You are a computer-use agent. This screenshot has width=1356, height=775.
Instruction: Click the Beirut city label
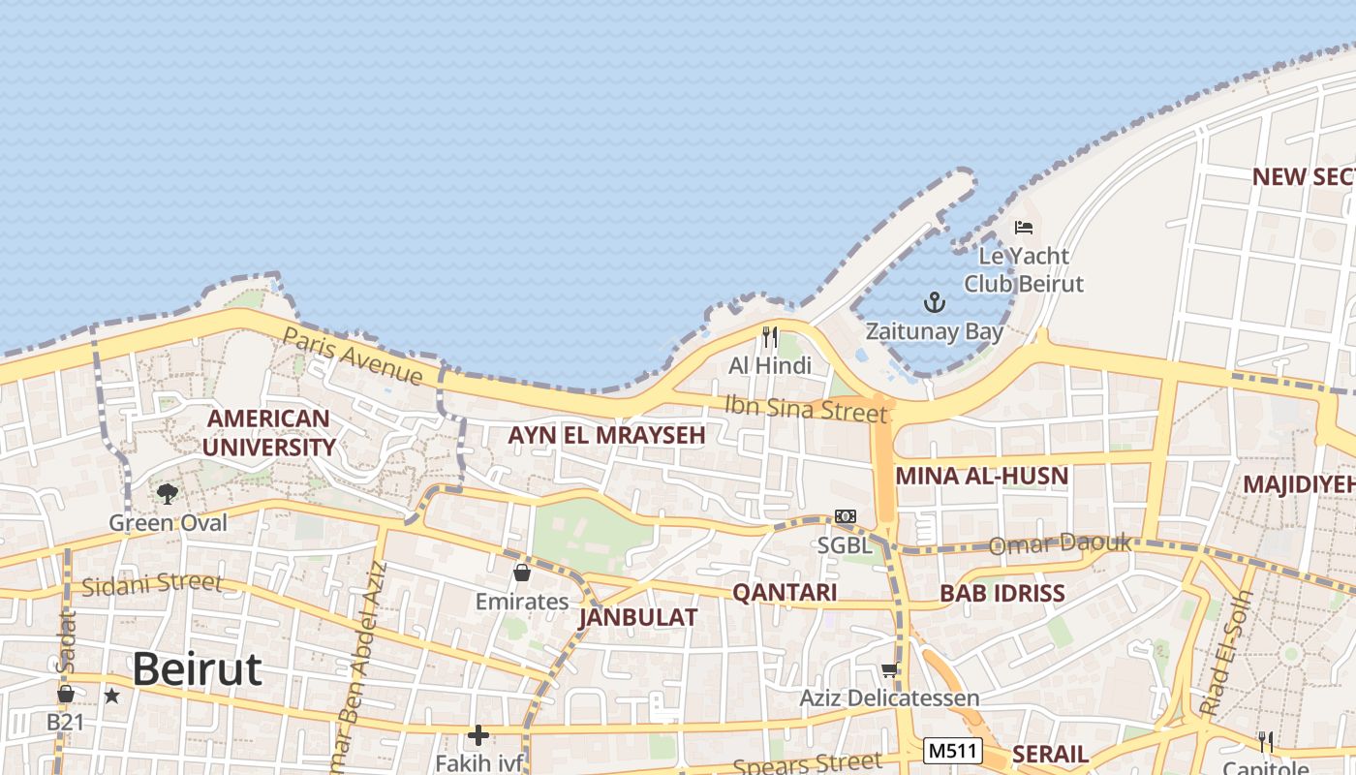click(x=197, y=669)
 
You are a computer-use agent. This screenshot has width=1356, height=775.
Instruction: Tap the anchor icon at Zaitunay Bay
click(x=934, y=303)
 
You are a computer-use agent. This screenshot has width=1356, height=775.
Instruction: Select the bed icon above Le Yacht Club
click(x=1024, y=228)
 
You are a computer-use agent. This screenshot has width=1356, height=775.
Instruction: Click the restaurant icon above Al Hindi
click(x=770, y=337)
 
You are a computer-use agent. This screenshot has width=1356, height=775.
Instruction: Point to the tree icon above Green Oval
click(x=168, y=494)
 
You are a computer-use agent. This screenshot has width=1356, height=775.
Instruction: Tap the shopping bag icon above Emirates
click(x=522, y=573)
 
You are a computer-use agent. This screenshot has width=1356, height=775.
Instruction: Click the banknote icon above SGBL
click(x=846, y=516)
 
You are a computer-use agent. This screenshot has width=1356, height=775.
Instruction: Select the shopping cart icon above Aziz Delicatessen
click(x=889, y=670)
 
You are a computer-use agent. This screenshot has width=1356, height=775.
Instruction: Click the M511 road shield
click(x=953, y=751)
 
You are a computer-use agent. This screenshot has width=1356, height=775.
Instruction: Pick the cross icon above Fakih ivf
click(x=478, y=735)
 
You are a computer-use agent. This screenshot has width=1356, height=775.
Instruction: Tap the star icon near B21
click(x=112, y=696)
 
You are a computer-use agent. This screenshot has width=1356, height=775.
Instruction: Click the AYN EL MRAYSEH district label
click(x=606, y=436)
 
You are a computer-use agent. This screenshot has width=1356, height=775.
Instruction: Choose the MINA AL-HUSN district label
click(x=981, y=476)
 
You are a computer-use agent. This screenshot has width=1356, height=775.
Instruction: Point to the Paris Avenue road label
click(x=353, y=356)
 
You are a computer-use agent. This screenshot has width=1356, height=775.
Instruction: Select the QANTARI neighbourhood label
click(x=785, y=593)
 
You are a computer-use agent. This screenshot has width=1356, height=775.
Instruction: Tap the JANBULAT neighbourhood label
click(x=637, y=617)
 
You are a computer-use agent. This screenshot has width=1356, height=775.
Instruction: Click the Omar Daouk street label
click(x=1060, y=544)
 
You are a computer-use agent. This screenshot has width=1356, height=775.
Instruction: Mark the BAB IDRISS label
click(x=1002, y=593)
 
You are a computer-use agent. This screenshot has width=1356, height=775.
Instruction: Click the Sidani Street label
click(x=152, y=585)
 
